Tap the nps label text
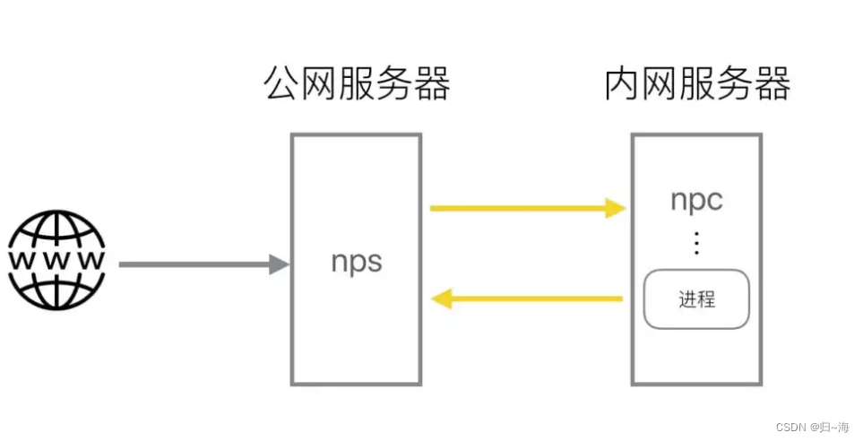click(x=356, y=262)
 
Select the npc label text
click(x=696, y=200)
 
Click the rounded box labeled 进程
click(x=696, y=298)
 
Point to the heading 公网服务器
click(x=356, y=85)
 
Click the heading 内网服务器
click(x=697, y=85)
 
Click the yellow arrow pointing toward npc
click(x=526, y=209)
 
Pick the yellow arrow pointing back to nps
click(x=528, y=298)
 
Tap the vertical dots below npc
click(x=696, y=242)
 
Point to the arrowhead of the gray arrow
click(x=279, y=264)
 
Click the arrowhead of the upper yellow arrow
click(x=615, y=209)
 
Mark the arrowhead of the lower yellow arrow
click(x=441, y=298)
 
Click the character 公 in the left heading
click(x=281, y=85)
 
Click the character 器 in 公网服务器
click(x=431, y=85)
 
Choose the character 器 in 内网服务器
click(x=772, y=85)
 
